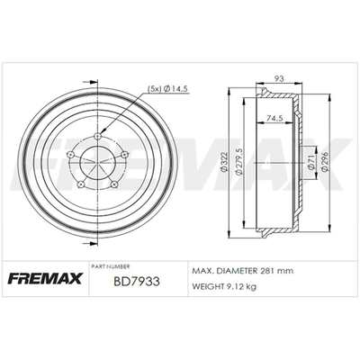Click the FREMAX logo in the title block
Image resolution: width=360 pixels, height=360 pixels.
click(x=45, y=278)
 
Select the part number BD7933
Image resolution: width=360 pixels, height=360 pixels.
click(x=137, y=282)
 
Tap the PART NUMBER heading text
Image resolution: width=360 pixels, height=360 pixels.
click(x=111, y=266)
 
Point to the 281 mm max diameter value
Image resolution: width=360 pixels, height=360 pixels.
click(x=275, y=271)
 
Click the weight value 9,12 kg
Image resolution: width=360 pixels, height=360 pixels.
click(x=240, y=287)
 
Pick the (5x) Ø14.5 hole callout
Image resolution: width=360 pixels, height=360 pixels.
click(x=167, y=89)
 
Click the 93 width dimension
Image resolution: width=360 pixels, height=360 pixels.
click(x=279, y=79)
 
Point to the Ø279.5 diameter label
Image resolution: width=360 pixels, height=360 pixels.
click(x=239, y=161)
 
